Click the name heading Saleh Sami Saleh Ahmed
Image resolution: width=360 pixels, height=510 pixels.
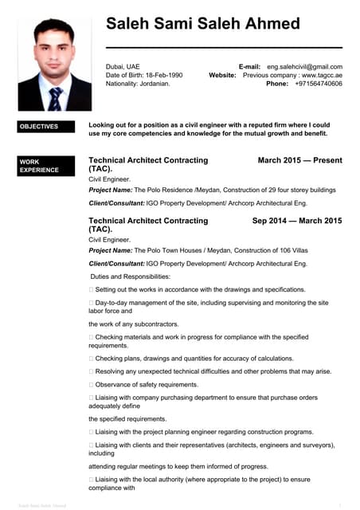click(202, 24)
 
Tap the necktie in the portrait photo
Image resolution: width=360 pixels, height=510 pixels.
click(55, 97)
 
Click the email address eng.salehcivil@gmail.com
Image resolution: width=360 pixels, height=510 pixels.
click(304, 67)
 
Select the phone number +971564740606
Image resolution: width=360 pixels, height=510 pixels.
click(319, 84)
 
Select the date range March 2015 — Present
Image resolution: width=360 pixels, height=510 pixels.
click(299, 160)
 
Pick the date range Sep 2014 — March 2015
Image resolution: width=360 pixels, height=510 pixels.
click(296, 221)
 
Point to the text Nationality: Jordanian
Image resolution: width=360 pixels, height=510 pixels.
click(138, 84)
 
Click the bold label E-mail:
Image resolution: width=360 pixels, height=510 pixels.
click(249, 67)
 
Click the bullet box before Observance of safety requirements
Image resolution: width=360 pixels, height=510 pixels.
click(92, 385)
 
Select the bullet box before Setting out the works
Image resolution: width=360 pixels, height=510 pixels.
click(92, 290)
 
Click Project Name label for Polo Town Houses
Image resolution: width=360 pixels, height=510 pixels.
click(110, 250)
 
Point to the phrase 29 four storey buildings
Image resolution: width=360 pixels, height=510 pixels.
click(292, 190)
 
